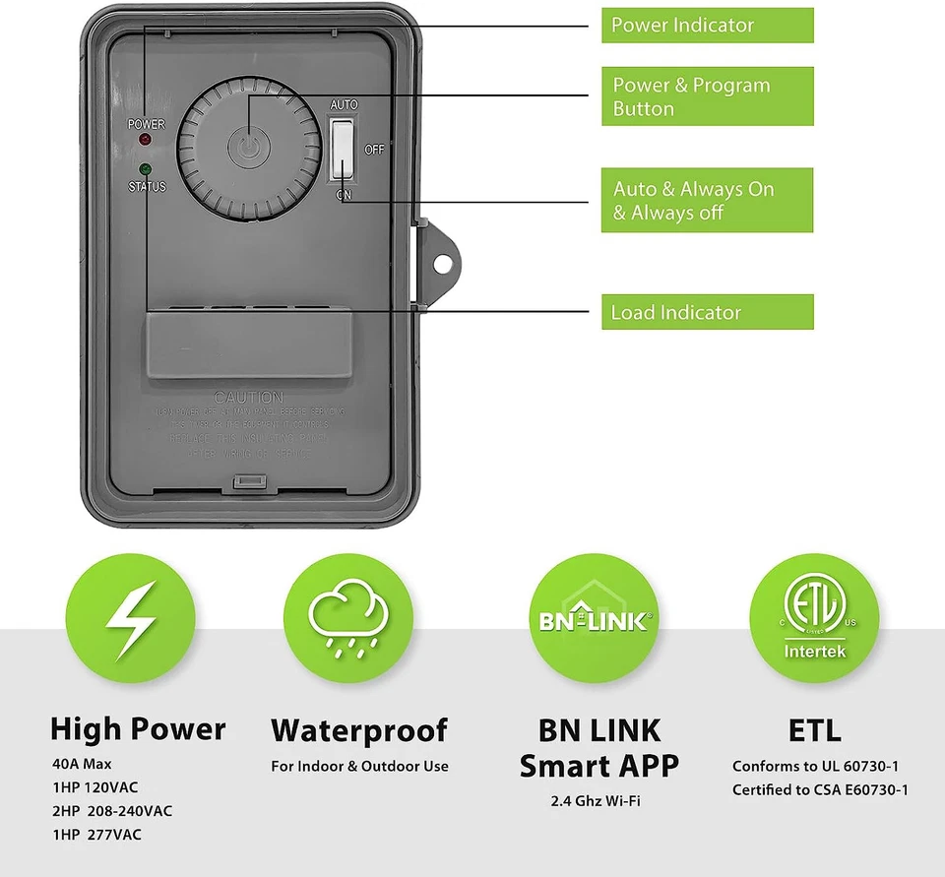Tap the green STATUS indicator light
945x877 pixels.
tap(146, 169)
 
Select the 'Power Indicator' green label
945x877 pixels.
tap(707, 26)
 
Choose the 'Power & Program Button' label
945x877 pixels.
tap(707, 96)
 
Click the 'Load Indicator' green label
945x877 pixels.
tap(707, 313)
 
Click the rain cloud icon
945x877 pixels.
tap(346, 620)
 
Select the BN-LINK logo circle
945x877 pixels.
tap(594, 620)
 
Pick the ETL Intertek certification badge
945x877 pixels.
tap(813, 620)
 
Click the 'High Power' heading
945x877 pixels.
tap(138, 729)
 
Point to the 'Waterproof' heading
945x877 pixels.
tap(359, 730)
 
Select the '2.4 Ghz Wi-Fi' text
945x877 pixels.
tap(596, 801)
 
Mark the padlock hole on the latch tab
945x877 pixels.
tap(443, 263)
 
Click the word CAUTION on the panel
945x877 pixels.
tap(248, 397)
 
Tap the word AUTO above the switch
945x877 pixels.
tap(344, 104)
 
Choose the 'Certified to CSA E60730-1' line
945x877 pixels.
tap(820, 789)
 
